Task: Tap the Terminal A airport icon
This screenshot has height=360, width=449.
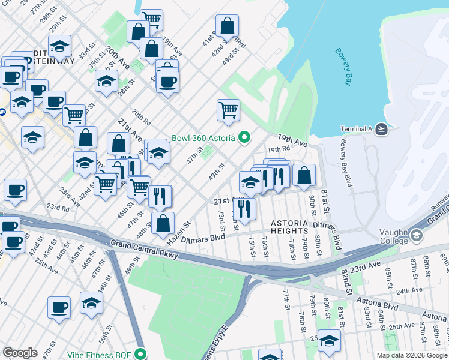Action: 384,128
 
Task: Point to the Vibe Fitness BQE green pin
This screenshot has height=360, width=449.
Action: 141,353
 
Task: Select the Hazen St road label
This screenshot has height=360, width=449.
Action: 179,232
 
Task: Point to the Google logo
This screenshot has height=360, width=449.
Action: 20,353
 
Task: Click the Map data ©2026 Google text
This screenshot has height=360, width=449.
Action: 411,355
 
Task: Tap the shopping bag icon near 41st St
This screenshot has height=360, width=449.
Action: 228,26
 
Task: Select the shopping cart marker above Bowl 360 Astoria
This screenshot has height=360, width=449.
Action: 228,110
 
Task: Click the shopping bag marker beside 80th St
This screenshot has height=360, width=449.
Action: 304,176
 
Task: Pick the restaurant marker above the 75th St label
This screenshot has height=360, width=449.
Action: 244,209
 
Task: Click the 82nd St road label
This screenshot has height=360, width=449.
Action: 346,282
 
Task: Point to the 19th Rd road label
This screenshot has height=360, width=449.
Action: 279,149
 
